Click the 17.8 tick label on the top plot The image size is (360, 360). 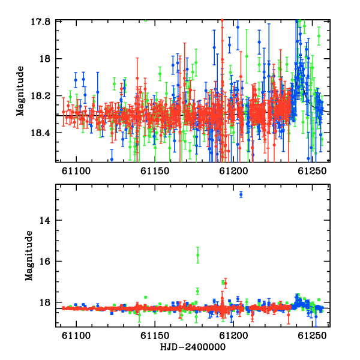(40, 22)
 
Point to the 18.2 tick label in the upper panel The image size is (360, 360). (40, 96)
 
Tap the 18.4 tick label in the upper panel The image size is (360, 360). (40, 133)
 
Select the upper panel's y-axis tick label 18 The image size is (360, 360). (45, 59)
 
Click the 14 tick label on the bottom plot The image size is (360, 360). (45, 220)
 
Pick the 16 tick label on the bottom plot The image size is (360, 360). (45, 261)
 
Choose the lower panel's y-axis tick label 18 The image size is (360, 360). (45, 302)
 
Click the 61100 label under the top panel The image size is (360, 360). (76, 171)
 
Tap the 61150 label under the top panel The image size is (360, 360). (155, 171)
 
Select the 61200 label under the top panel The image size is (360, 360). (234, 171)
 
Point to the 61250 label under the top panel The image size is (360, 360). (312, 171)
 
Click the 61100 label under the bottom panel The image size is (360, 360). (76, 335)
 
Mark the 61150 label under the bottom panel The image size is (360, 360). (155, 335)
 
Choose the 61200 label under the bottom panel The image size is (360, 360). (234, 335)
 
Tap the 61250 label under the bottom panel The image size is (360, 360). (312, 335)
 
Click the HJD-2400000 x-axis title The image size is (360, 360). (193, 347)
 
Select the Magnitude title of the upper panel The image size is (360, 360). (20, 91)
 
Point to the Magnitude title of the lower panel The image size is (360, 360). (29, 256)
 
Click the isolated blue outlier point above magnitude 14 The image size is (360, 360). (241, 194)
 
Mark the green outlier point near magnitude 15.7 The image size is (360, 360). (197, 255)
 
